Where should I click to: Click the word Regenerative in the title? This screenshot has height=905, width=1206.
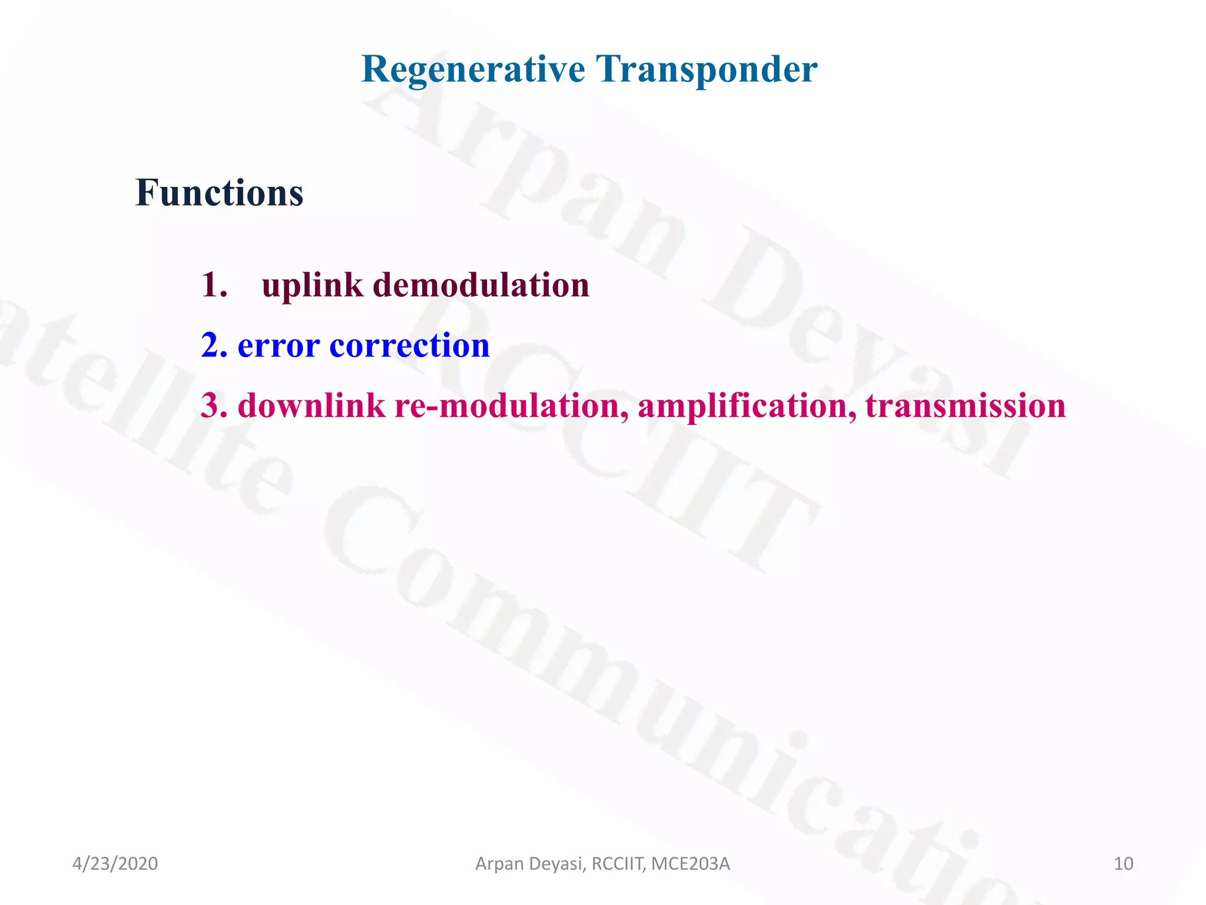pos(473,70)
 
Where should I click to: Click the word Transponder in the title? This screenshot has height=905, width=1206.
pos(706,70)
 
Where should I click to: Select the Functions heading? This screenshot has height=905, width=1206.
pos(219,193)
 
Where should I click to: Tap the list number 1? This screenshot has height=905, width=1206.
pos(213,285)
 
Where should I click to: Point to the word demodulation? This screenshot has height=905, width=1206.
pos(481,285)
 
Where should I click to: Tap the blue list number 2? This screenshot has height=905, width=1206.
pos(213,345)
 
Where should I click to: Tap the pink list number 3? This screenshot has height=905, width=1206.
pos(213,406)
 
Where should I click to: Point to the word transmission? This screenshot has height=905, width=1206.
pos(965,406)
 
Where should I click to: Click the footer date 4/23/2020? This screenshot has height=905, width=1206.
pos(115,864)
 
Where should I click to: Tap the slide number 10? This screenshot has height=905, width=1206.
pos(1123,864)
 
